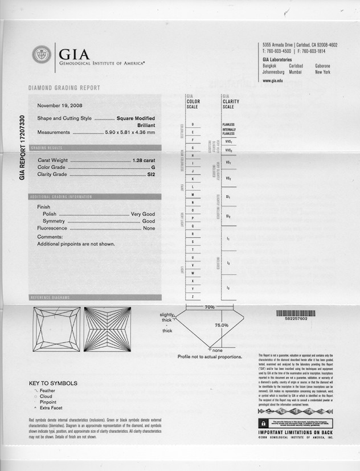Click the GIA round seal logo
[x=42, y=55]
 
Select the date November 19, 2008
[x=59, y=106]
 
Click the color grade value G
[x=153, y=167]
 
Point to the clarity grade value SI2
[x=151, y=174]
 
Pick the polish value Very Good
[x=143, y=214]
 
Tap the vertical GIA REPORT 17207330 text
[x=22, y=148]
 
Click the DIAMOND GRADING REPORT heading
[x=64, y=88]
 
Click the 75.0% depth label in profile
[x=221, y=325]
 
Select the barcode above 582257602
[x=295, y=313]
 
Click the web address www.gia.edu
[x=273, y=81]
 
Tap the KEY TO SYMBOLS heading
[x=52, y=383]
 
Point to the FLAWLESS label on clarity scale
[x=228, y=124]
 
